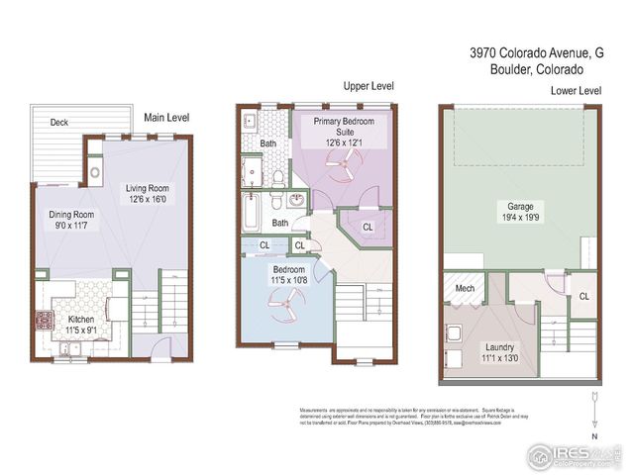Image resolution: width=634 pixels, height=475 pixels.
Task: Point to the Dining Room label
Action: click(71, 213)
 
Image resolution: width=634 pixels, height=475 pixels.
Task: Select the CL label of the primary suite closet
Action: click(368, 227)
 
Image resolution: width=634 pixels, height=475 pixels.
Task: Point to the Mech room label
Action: click(465, 289)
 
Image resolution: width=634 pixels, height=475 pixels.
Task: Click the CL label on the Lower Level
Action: click(584, 296)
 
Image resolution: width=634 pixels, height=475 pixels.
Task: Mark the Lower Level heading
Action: click(576, 91)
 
